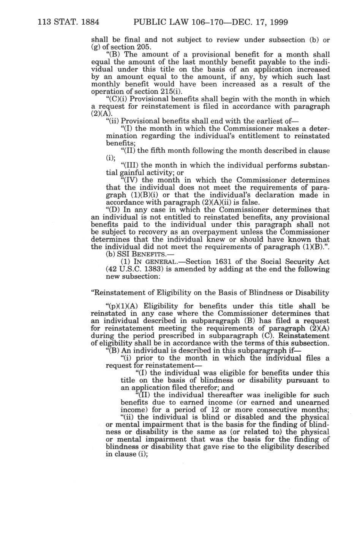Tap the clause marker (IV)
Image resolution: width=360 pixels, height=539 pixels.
coord(129,180)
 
